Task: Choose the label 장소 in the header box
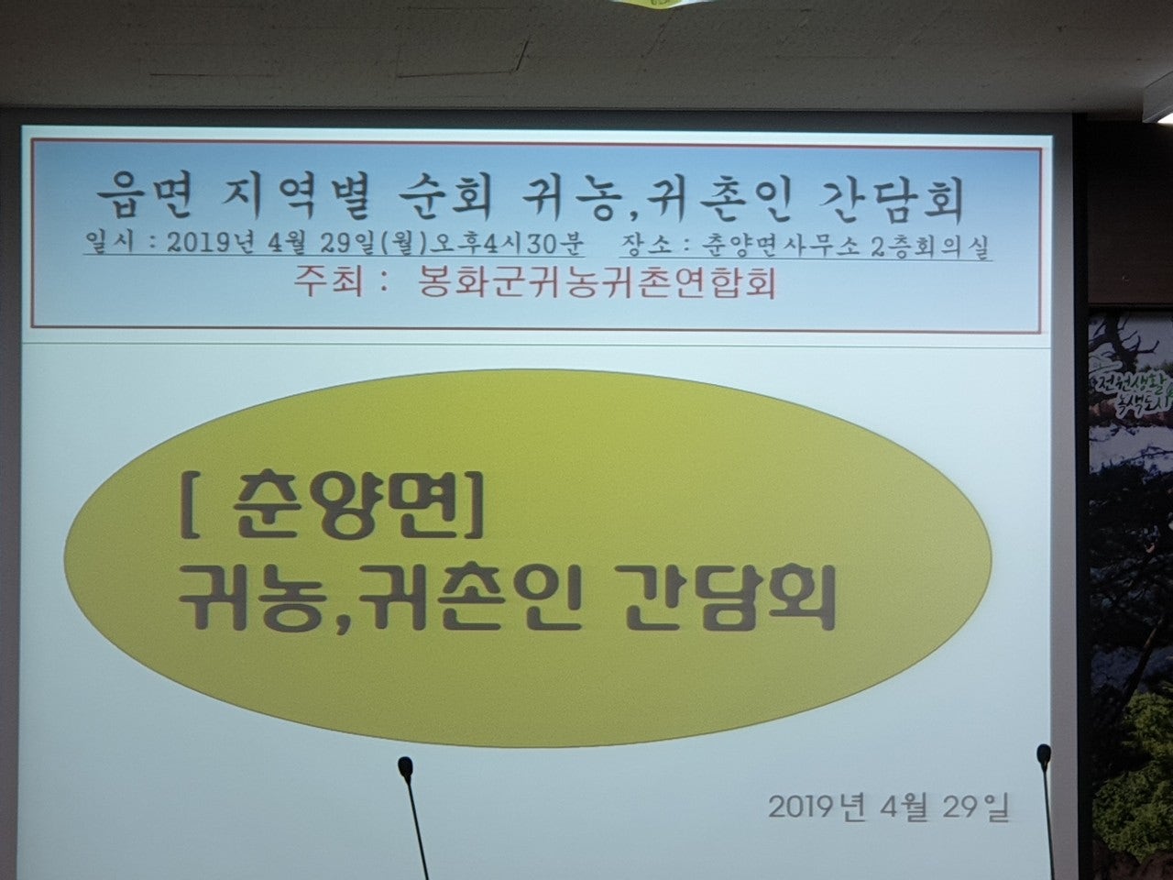pyautogui.click(x=644, y=246)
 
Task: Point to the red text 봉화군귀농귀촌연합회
pyautogui.click(x=597, y=284)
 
